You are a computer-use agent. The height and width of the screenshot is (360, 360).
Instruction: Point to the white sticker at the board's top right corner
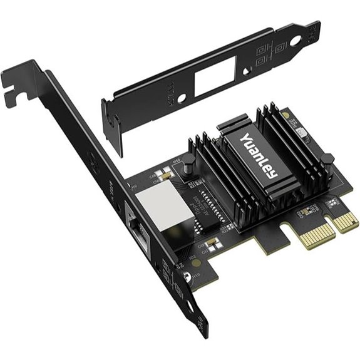[x=303, y=132]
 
